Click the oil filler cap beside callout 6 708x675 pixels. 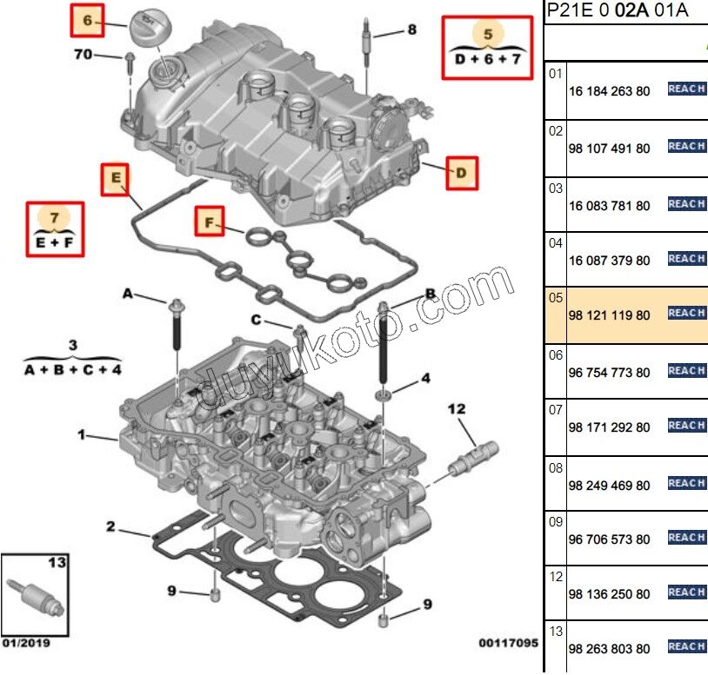150,26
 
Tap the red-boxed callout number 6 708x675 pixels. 86,20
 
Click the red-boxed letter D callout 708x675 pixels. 462,173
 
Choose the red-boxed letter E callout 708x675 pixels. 115,179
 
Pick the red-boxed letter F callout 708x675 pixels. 209,223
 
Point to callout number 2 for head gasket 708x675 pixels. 110,526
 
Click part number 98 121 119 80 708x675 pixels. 609,315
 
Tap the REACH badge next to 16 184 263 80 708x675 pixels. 686,89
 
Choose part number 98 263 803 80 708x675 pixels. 609,649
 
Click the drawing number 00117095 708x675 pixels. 508,644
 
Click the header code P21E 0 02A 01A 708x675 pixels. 617,10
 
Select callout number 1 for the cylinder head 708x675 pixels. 82,434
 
